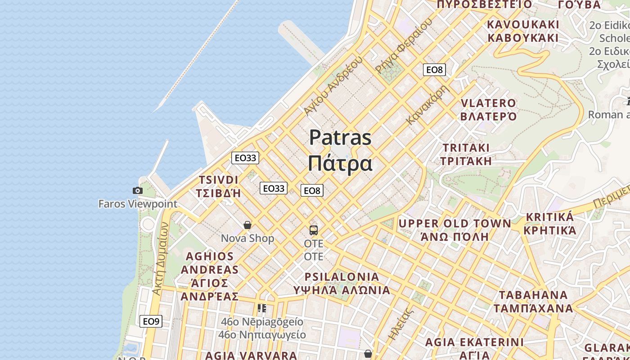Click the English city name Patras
point(340,138)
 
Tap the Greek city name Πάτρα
point(340,164)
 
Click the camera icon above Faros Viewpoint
point(138,191)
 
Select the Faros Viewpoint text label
point(138,204)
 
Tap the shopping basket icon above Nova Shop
point(247,225)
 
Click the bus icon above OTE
point(314,230)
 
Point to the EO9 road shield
point(151,321)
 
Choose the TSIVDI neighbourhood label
point(219,180)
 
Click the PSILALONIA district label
point(342,276)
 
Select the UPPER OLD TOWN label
point(454,224)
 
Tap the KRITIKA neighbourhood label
point(549,217)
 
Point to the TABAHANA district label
point(533,295)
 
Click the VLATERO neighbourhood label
point(488,103)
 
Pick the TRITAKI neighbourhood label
point(466,148)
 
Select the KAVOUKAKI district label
point(523,24)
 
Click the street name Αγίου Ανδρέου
point(333,85)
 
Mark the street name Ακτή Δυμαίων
point(160,258)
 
